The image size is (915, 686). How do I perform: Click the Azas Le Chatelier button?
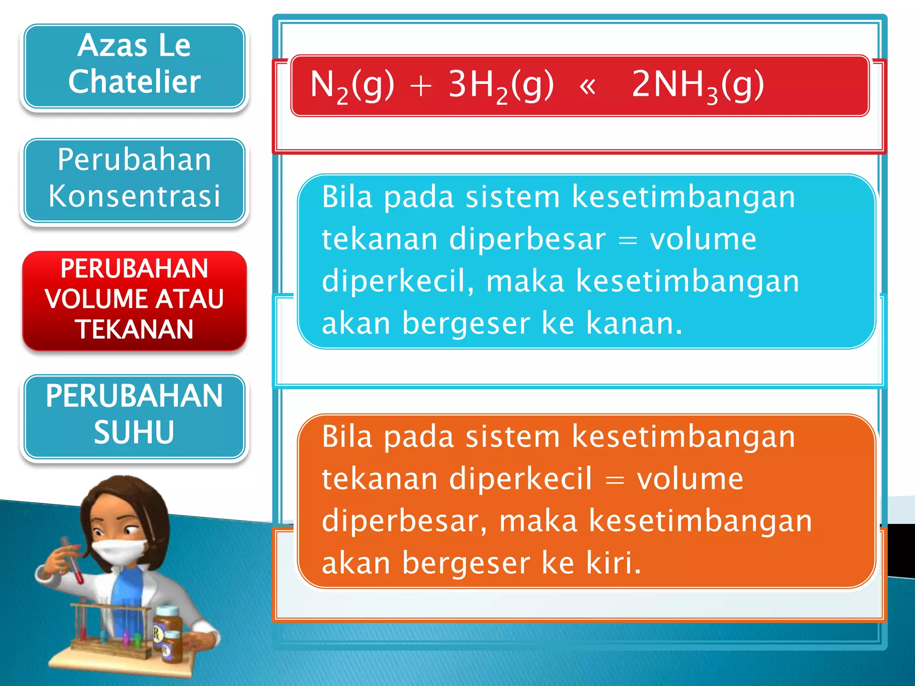[x=134, y=65]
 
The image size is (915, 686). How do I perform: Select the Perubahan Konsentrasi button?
[x=134, y=179]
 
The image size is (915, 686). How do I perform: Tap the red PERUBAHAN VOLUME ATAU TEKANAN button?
[x=134, y=299]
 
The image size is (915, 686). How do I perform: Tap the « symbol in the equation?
[x=587, y=86]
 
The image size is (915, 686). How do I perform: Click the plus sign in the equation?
[x=421, y=86]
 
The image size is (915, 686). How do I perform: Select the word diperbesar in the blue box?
[x=527, y=239]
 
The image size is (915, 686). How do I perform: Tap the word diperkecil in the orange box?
[x=520, y=479]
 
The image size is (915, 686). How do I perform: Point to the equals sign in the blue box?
[x=628, y=240]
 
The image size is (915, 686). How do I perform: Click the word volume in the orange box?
[x=690, y=479]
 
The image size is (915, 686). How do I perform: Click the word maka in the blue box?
[x=525, y=281]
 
